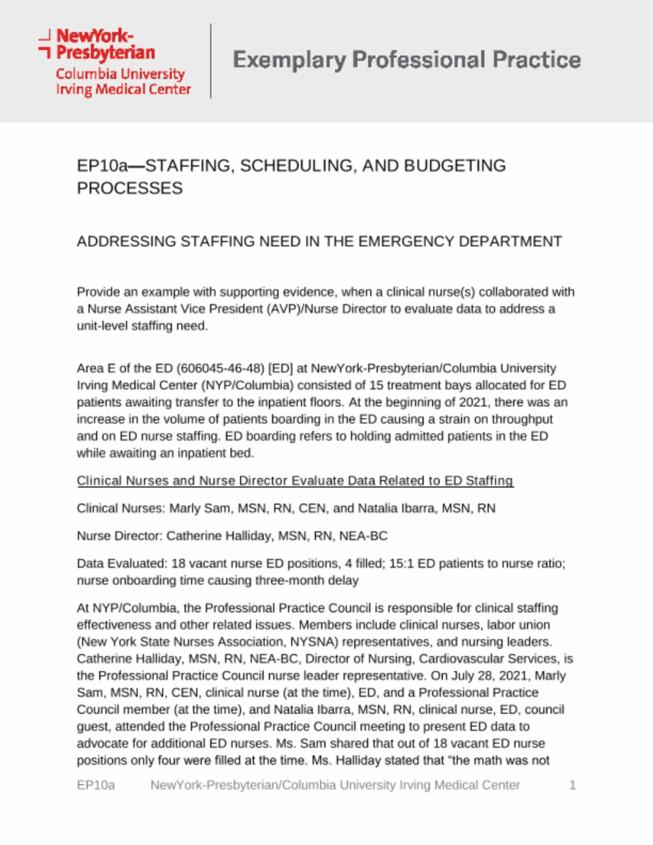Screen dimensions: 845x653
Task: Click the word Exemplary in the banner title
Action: click(289, 60)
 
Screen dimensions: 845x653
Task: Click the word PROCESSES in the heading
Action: click(129, 189)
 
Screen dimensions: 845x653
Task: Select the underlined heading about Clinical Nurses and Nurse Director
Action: click(295, 481)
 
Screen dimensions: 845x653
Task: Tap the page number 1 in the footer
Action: click(572, 785)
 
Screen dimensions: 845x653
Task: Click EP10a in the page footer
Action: click(96, 785)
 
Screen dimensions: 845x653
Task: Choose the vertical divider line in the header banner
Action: click(210, 61)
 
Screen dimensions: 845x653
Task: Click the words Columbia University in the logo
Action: click(120, 74)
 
